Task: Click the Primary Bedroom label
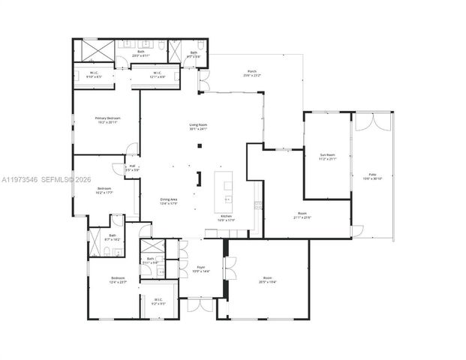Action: click(109, 121)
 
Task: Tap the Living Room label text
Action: click(198, 127)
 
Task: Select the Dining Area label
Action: click(169, 201)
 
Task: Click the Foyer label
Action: click(201, 268)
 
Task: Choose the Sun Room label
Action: click(328, 157)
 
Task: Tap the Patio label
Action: click(372, 176)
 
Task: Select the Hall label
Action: click(132, 168)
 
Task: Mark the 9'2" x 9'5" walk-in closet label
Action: click(158, 301)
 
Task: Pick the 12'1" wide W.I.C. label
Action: click(157, 75)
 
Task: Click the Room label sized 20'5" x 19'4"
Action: click(268, 280)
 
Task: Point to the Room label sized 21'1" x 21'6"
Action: click(302, 216)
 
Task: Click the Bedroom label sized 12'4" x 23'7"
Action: click(118, 280)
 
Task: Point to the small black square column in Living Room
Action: click(199, 145)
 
